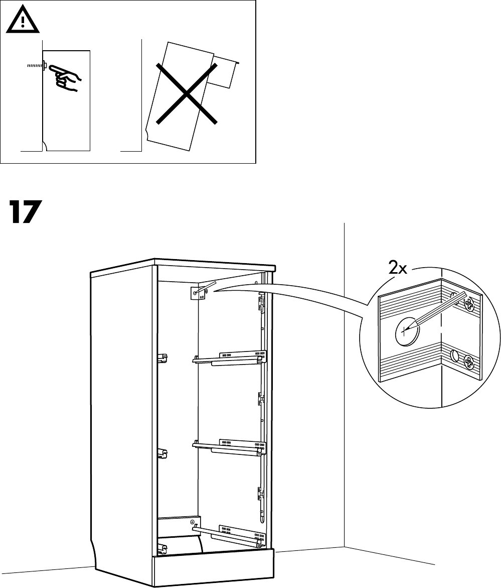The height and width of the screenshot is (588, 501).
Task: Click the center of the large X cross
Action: point(187,93)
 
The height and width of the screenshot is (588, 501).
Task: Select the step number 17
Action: point(24,213)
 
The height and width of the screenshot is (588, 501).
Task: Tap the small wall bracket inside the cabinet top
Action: point(199,292)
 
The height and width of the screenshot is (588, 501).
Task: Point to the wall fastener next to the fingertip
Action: point(44,65)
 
